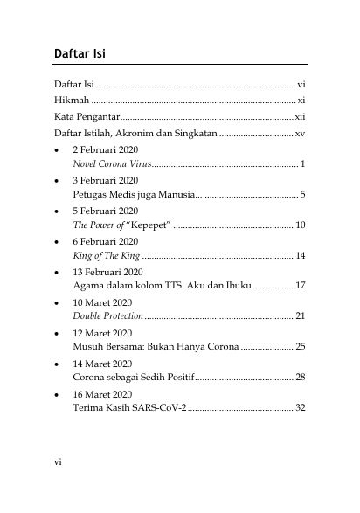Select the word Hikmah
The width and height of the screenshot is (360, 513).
71,101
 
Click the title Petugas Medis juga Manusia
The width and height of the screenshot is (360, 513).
136,194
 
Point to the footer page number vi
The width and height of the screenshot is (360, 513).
58,461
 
